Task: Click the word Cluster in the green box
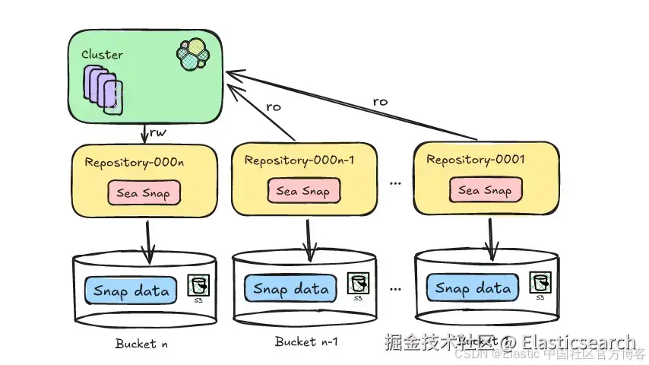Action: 102,56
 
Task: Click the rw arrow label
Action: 157,133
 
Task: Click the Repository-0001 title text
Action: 476,160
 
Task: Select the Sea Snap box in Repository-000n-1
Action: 302,191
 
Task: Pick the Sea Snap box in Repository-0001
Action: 485,190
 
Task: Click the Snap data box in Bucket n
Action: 130,290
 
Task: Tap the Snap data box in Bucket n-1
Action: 291,289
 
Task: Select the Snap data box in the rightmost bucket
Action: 473,288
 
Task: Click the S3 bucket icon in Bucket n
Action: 198,287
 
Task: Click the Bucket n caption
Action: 141,344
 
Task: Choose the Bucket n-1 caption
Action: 306,342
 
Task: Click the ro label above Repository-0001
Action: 380,102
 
